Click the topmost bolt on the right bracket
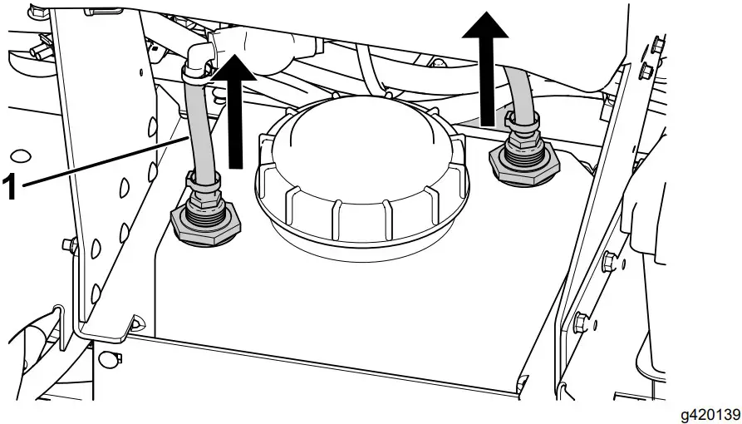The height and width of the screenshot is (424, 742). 657,42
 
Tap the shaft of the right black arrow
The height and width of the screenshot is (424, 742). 485,79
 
